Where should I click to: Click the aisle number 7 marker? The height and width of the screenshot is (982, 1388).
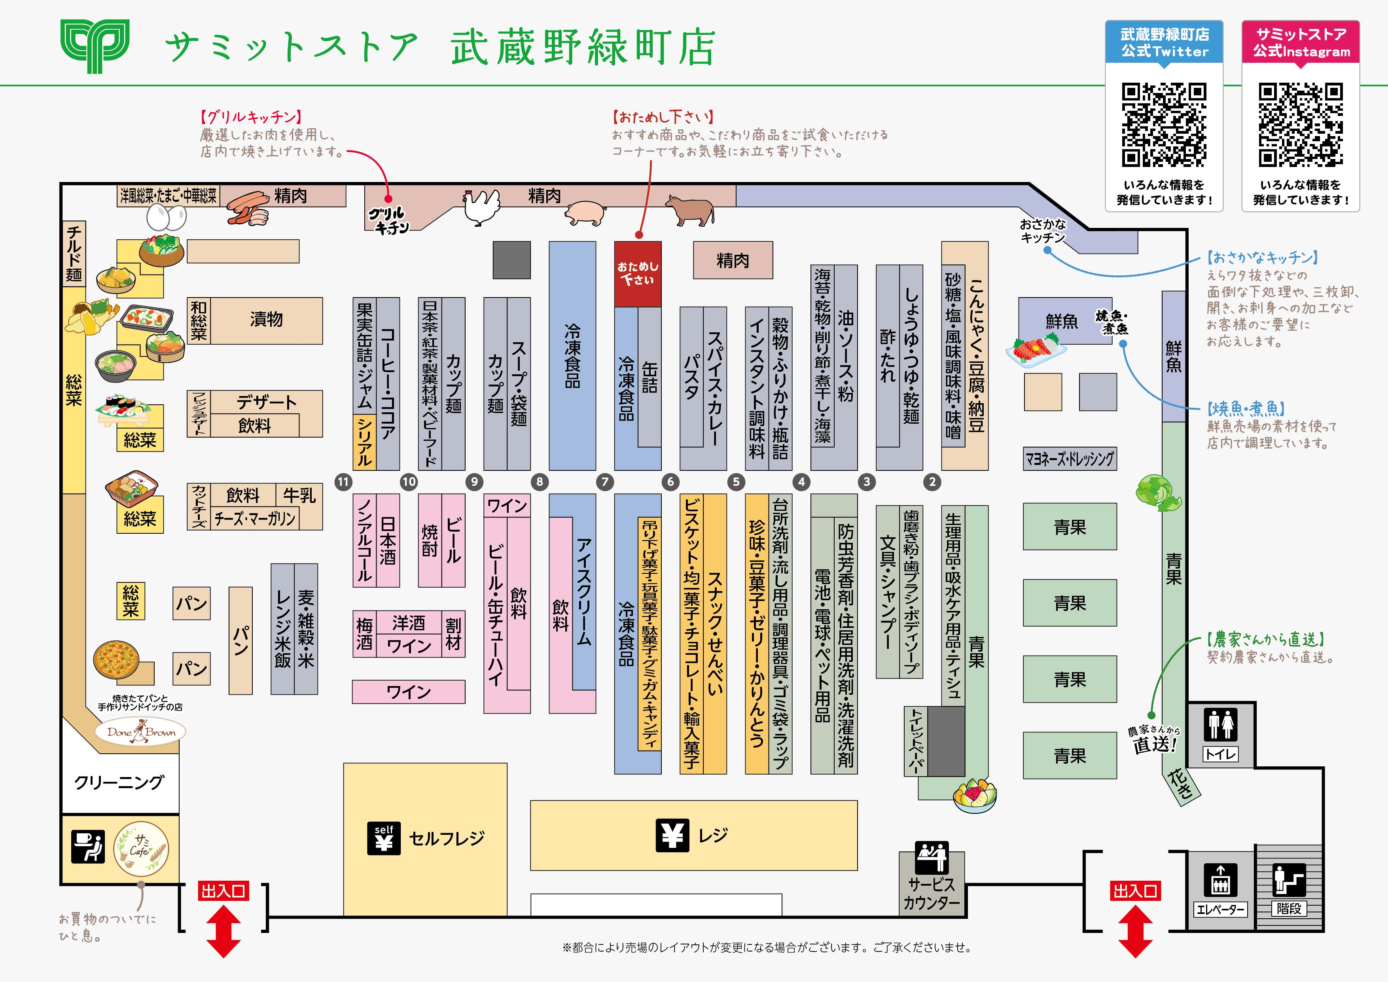pyautogui.click(x=604, y=482)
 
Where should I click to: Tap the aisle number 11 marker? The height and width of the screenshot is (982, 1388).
pyautogui.click(x=343, y=482)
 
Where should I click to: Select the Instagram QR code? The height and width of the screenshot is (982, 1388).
pyautogui.click(x=1300, y=125)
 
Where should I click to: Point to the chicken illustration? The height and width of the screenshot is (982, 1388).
pyautogui.click(x=482, y=207)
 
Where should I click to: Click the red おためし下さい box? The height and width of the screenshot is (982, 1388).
pyautogui.click(x=637, y=273)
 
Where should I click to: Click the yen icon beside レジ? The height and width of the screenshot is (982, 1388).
pyautogui.click(x=672, y=836)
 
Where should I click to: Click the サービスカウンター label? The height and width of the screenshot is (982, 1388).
pyautogui.click(x=932, y=894)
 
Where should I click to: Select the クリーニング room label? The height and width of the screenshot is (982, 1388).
pyautogui.click(x=119, y=783)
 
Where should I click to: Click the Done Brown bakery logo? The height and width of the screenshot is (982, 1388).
pyautogui.click(x=140, y=732)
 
